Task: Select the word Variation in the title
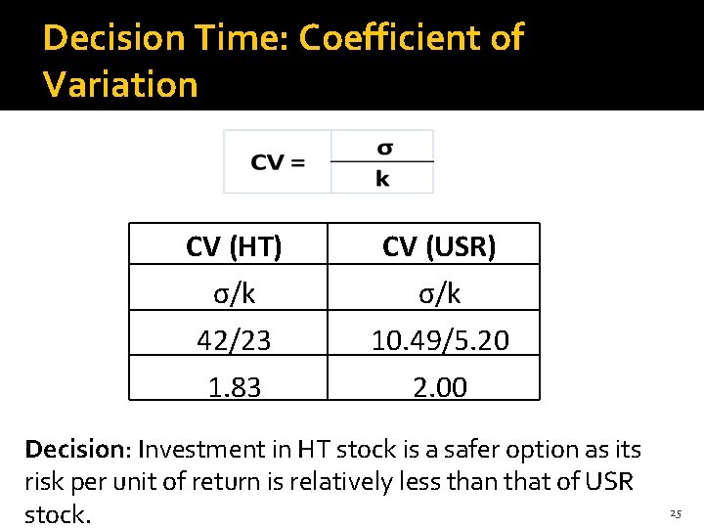(120, 84)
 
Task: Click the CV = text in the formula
(278, 162)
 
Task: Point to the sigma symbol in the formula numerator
(384, 148)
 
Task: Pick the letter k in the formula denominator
(382, 179)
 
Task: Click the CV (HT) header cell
(234, 246)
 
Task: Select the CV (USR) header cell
(438, 246)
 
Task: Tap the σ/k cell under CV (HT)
(234, 292)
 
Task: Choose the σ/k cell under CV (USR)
(438, 292)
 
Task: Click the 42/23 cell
(234, 339)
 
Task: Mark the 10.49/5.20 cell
(438, 339)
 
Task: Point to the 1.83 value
(234, 387)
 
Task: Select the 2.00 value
(439, 387)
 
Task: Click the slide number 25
(676, 512)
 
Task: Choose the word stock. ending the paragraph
(58, 514)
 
